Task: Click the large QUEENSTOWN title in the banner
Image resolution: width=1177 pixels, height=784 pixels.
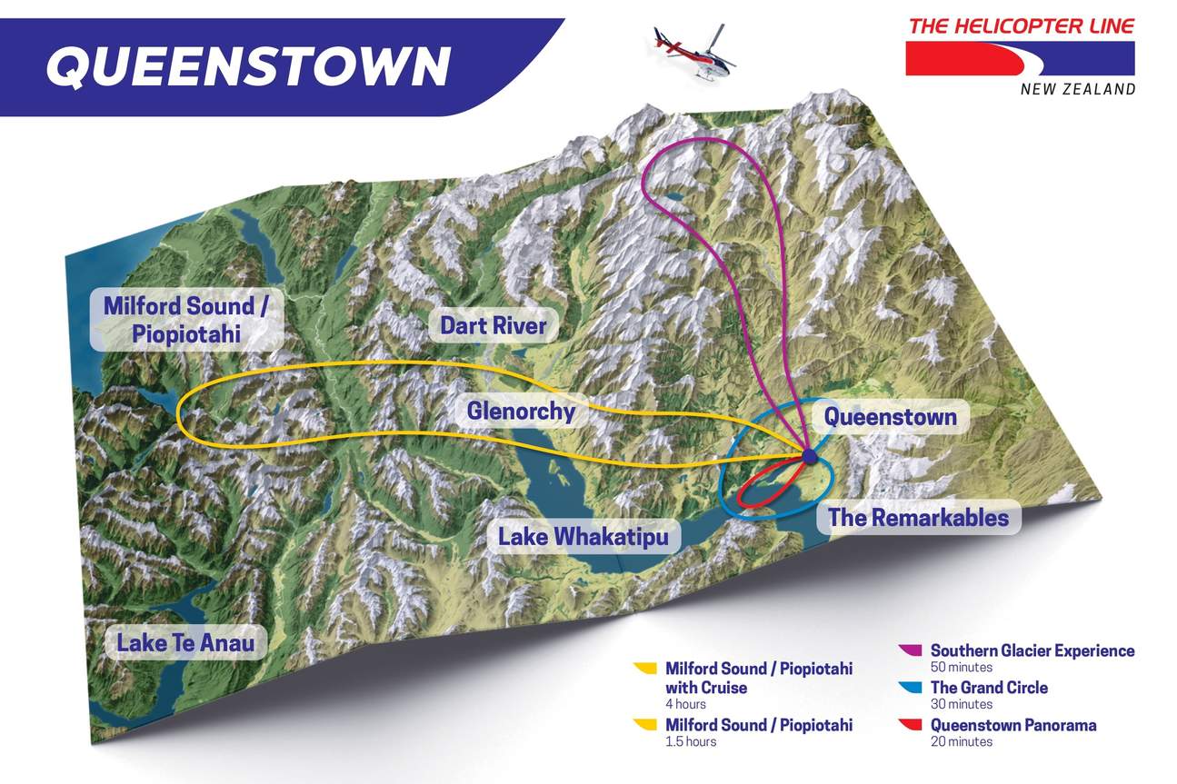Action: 248,65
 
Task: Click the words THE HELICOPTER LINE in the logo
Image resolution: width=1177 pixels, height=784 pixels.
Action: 1021,25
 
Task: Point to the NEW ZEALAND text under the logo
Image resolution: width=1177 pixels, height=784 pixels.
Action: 1078,89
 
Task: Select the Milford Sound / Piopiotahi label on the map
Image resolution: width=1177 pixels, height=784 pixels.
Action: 185,319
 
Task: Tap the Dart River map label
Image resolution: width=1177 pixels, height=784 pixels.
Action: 493,326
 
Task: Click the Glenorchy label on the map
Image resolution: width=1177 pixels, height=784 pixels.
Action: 521,412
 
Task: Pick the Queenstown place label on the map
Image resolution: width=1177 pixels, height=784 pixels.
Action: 890,417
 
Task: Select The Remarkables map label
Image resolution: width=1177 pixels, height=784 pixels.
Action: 918,518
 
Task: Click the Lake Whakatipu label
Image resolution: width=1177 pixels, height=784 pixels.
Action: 583,537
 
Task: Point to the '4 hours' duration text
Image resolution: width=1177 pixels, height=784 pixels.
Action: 685,704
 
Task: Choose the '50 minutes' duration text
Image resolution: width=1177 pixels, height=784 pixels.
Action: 962,667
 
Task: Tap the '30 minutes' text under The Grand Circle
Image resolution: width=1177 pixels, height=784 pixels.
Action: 962,704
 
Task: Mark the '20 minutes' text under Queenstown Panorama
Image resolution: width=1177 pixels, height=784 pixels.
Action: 962,741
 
